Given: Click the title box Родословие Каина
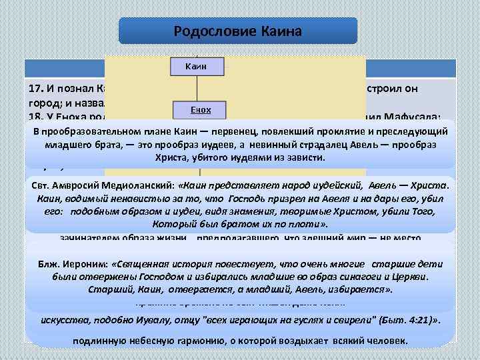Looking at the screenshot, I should coord(237,31).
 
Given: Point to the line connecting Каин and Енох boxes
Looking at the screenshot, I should coord(198,87).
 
